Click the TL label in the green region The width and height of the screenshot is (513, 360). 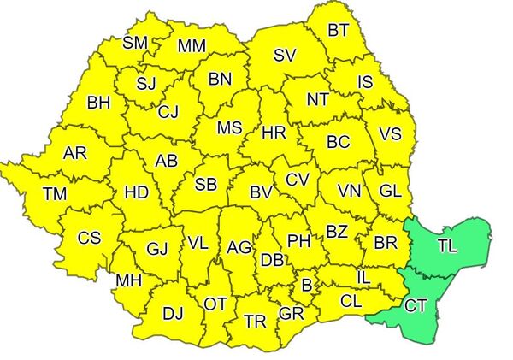tap(446, 246)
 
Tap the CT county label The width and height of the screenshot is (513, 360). tap(416, 305)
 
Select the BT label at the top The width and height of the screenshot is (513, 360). tap(339, 31)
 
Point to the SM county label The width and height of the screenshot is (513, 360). tap(135, 43)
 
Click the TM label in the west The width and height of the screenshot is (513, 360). tap(55, 195)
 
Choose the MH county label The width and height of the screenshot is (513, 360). tap(129, 280)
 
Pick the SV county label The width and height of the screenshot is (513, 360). tap(285, 56)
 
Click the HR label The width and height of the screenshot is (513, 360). tap(274, 133)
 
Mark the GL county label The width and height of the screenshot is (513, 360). tap(389, 190)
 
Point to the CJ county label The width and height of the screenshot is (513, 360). tap(168, 111)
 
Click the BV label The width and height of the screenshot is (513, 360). tap(261, 193)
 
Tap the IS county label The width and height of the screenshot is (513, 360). tap(365, 82)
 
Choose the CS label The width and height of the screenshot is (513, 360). tap(89, 239)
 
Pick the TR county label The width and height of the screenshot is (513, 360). tap(255, 321)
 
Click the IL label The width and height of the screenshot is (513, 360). tap(363, 277)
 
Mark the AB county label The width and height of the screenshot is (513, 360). tap(166, 161)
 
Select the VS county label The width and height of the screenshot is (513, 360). tap(390, 134)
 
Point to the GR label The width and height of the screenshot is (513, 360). tap(292, 314)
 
